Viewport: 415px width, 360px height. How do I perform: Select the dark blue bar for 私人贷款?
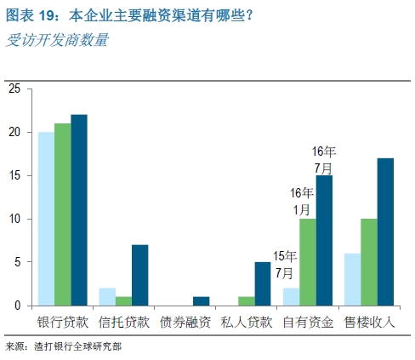point(263,283)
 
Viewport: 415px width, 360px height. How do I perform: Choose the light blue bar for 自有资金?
point(291,297)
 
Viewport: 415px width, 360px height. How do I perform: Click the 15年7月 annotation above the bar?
point(285,265)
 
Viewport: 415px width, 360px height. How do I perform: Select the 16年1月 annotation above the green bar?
point(302,201)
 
